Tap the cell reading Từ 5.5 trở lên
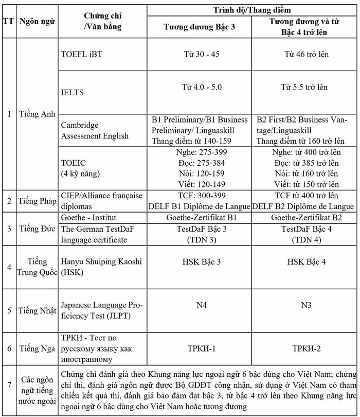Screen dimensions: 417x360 (x=307, y=87)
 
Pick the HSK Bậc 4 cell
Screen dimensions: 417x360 (x=307, y=262)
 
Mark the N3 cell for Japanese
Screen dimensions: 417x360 (x=307, y=305)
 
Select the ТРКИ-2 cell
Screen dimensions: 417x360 (x=307, y=349)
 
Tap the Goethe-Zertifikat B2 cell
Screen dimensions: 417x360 (x=307, y=217)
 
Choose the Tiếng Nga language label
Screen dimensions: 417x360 (x=37, y=349)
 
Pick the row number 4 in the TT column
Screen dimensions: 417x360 (x=8, y=267)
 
